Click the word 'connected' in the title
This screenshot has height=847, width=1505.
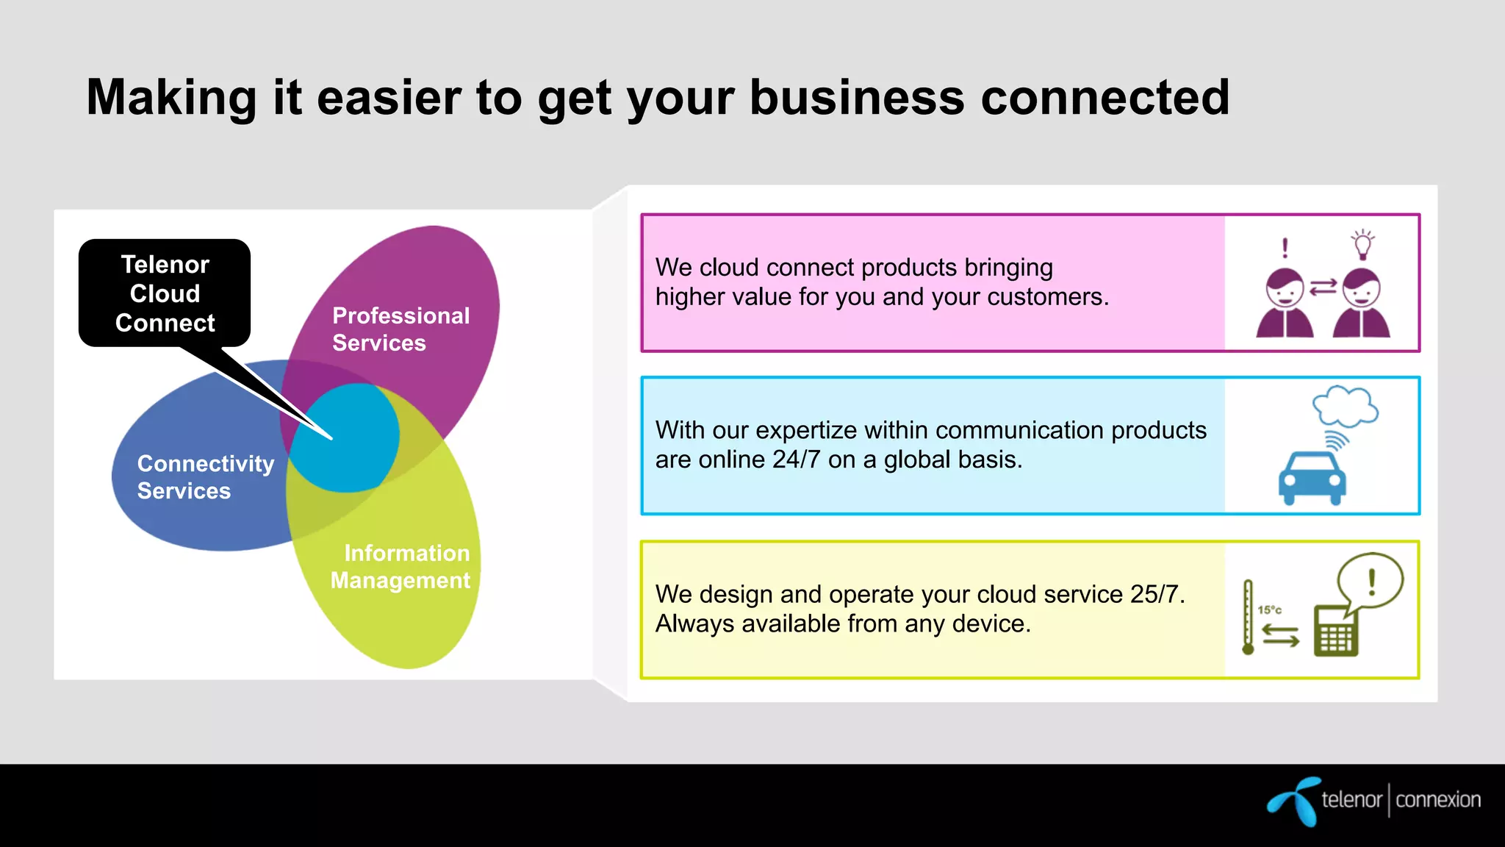pyautogui.click(x=1104, y=98)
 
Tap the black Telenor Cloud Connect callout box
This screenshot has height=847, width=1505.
pyautogui.click(x=165, y=293)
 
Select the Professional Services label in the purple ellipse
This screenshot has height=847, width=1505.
pyautogui.click(x=401, y=329)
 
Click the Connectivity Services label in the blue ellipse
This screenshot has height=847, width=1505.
pyautogui.click(x=206, y=477)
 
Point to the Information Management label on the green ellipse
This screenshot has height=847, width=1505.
pyautogui.click(x=401, y=567)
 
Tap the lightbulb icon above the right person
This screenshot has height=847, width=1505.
pyautogui.click(x=1362, y=244)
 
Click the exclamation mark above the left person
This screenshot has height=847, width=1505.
pyautogui.click(x=1285, y=248)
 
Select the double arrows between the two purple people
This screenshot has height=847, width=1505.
pyautogui.click(x=1323, y=287)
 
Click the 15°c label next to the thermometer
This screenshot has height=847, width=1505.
pyautogui.click(x=1269, y=610)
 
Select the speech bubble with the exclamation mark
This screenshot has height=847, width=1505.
pyautogui.click(x=1370, y=582)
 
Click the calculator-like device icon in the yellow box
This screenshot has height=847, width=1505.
pyautogui.click(x=1335, y=632)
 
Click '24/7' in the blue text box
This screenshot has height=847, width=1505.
pyautogui.click(x=796, y=460)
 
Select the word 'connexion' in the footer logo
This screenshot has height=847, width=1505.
pyautogui.click(x=1437, y=800)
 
